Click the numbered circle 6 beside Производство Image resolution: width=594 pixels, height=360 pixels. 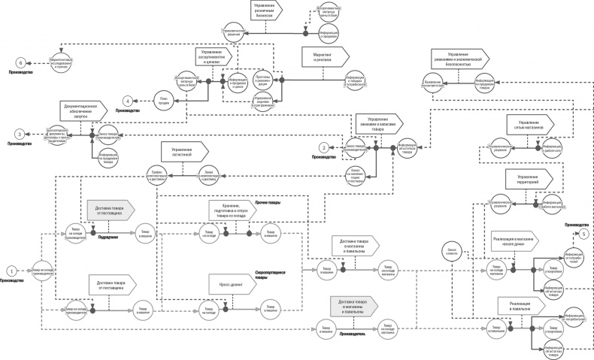click(x=20, y=62)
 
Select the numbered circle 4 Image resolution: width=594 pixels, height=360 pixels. click(x=129, y=100)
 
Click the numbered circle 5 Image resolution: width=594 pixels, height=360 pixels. click(x=584, y=234)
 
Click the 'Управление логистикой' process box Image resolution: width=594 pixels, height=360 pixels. click(x=181, y=150)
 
